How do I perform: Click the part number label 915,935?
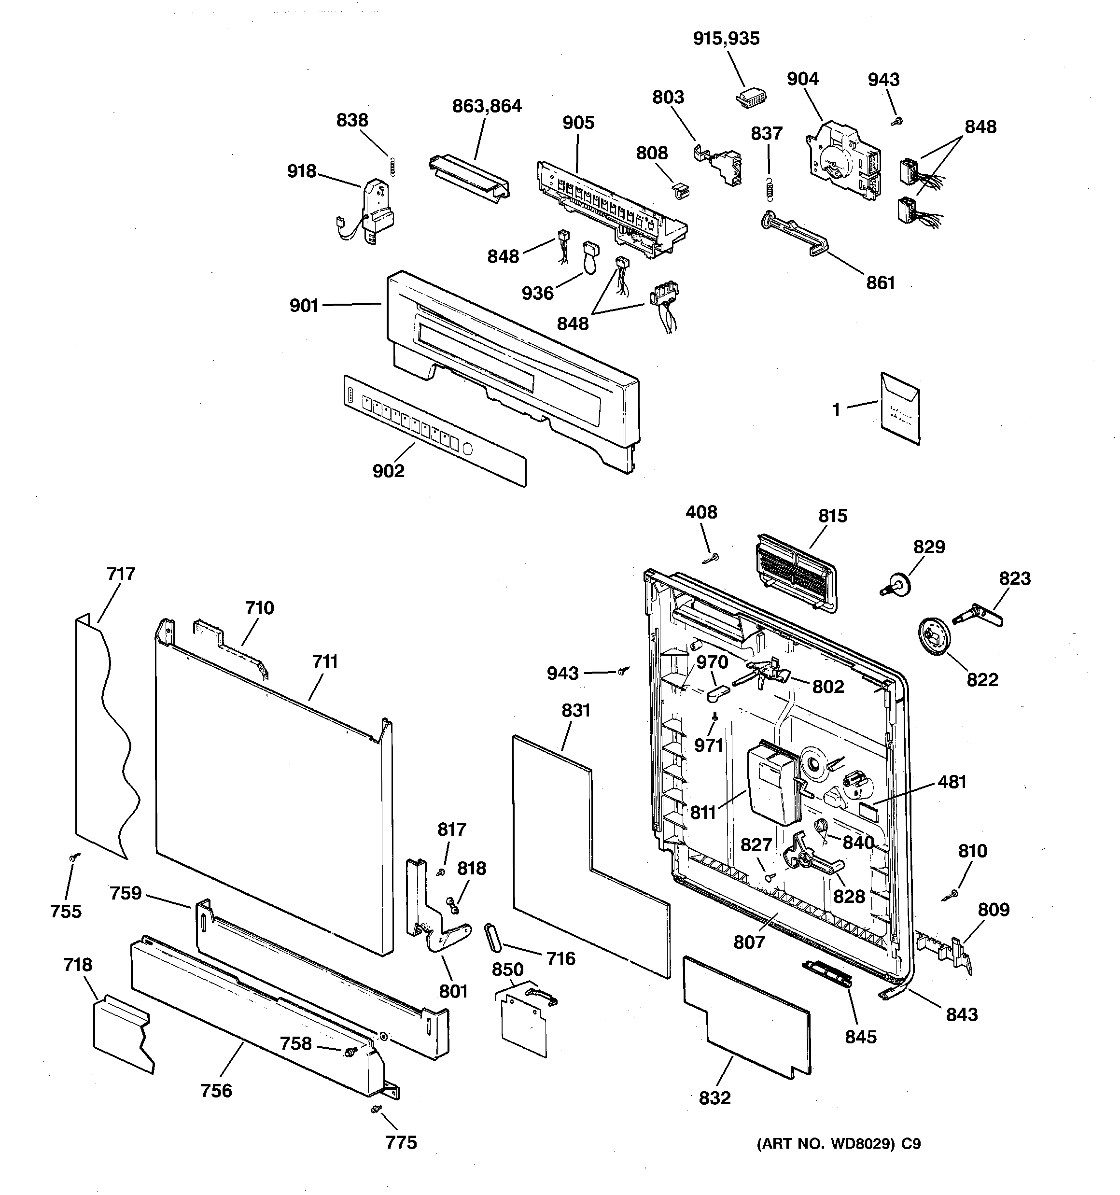(726, 39)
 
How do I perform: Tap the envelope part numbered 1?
(900, 408)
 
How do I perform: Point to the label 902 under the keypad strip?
(388, 471)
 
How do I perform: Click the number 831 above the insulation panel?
(576, 711)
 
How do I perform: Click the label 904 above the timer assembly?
(802, 79)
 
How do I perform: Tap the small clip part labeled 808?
(679, 191)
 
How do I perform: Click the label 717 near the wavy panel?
(121, 574)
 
